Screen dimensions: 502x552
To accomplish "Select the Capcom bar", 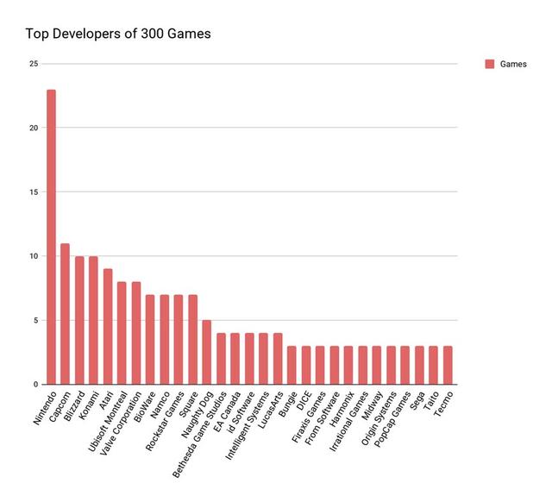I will pyautogui.click(x=65, y=314).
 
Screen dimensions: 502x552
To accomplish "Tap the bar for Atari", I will pyautogui.click(x=108, y=327).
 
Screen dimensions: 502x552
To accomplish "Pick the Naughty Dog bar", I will pyautogui.click(x=207, y=352).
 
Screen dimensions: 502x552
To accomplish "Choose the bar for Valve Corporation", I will pyautogui.click(x=136, y=333).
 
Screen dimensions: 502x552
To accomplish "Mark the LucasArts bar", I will pyautogui.click(x=278, y=359).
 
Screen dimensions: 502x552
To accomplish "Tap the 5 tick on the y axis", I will pyautogui.click(x=35, y=321).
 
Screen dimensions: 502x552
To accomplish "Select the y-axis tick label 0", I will pyautogui.click(x=35, y=385).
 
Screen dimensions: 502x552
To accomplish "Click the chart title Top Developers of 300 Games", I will pyautogui.click(x=118, y=35).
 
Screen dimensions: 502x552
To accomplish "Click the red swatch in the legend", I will pyautogui.click(x=490, y=64).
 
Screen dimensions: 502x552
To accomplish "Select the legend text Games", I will pyautogui.click(x=514, y=64).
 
